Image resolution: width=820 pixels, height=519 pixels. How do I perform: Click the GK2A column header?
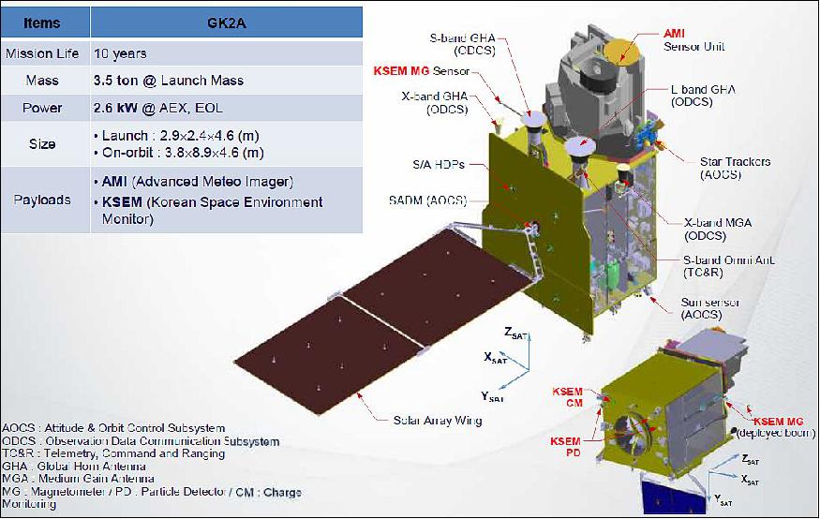[x=226, y=23]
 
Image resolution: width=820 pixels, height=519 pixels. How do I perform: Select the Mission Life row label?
[x=42, y=53]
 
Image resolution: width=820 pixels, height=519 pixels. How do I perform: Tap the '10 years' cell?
[x=120, y=53]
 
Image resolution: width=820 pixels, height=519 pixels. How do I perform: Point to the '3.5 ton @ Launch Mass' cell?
[x=169, y=81]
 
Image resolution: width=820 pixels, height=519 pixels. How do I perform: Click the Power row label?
[x=42, y=108]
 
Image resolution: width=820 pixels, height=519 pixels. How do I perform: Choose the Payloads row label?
[x=42, y=200]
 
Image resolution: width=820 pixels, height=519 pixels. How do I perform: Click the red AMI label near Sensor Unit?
[x=674, y=34]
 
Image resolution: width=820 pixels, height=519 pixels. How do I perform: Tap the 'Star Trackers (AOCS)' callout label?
[x=735, y=169]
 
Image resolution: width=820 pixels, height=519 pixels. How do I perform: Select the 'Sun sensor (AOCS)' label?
[x=709, y=309]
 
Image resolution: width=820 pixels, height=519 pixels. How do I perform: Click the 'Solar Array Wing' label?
[x=438, y=421]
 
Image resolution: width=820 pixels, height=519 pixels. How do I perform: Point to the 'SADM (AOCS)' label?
[x=427, y=200]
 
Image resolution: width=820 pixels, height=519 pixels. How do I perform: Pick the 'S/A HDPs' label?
[x=439, y=165]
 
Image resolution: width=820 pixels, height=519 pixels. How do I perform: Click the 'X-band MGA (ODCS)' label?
[x=718, y=229]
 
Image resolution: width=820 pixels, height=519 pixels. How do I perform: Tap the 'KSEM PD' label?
[x=565, y=447]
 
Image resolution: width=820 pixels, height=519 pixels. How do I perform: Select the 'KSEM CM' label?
[x=567, y=396]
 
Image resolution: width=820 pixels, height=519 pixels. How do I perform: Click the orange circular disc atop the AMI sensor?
[x=621, y=52]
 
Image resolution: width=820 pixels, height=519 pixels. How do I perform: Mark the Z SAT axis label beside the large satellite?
[x=515, y=333]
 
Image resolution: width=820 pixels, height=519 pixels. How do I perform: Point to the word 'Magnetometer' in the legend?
[x=73, y=492]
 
